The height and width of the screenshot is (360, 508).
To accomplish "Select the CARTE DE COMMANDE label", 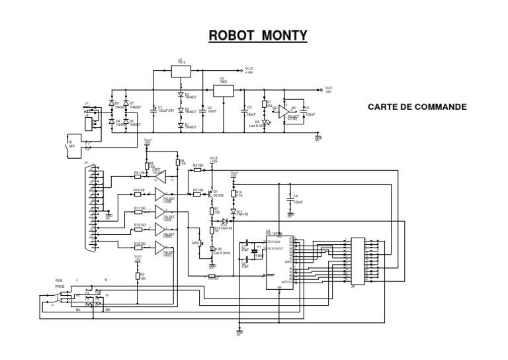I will point(417,106).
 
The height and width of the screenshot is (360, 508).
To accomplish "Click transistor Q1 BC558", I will point(211,193).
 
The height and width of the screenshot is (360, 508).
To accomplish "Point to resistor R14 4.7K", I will point(233,195).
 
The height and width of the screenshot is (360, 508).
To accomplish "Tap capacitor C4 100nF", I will point(290,198).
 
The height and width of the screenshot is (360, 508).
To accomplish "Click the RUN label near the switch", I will point(58,281).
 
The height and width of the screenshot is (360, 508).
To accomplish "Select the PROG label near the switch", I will point(60,287).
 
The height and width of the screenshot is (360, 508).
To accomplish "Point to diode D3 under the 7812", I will point(180,95).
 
